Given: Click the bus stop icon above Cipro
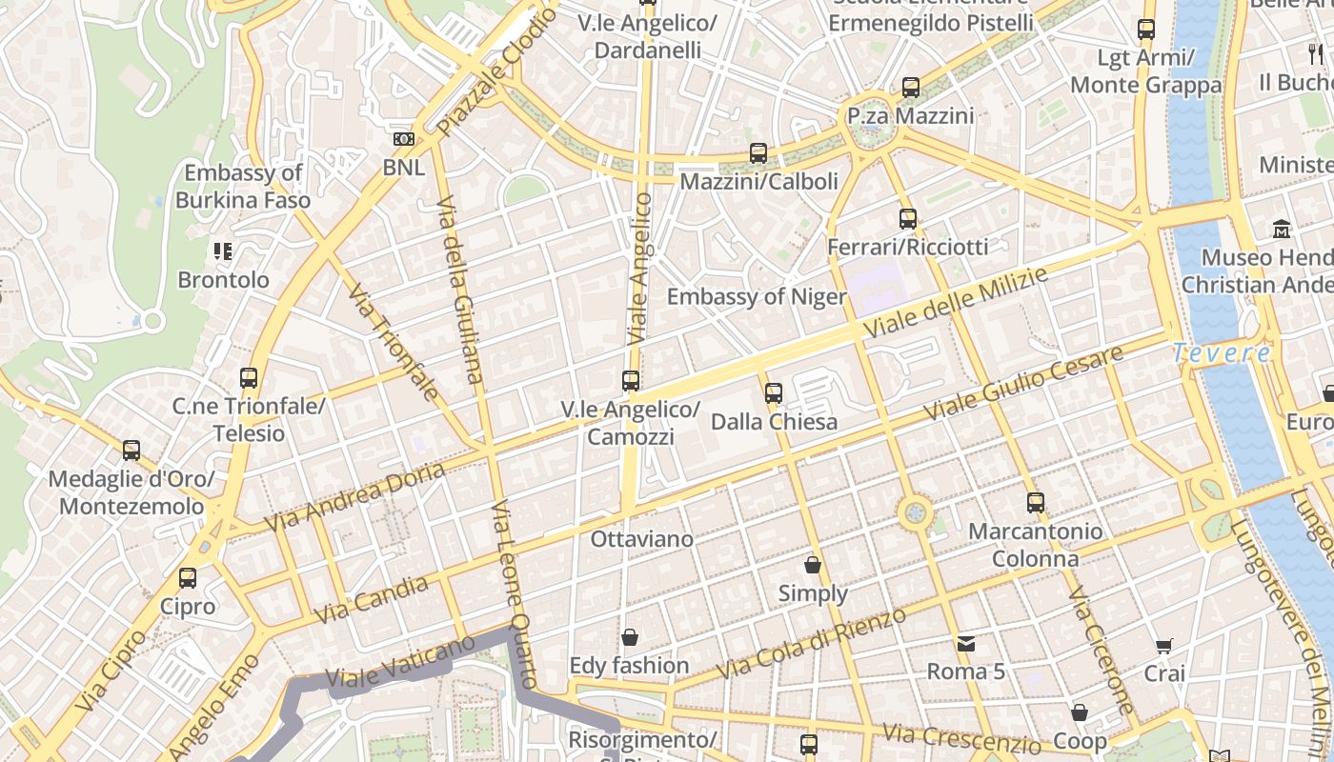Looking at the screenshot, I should click(x=188, y=577).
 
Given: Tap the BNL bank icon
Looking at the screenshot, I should click(x=404, y=139).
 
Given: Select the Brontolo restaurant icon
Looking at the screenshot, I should click(x=223, y=251).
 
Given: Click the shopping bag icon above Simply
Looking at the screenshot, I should click(x=813, y=565).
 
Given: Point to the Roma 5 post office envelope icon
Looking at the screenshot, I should click(x=966, y=644).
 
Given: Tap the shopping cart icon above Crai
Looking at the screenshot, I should click(x=1163, y=647).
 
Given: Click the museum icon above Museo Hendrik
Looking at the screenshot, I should click(x=1282, y=229).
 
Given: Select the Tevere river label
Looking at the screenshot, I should click(x=1222, y=353).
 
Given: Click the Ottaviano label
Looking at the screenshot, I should click(x=642, y=539).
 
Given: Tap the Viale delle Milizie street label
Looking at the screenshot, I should click(x=955, y=302).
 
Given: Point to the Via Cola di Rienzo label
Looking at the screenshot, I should click(x=811, y=645).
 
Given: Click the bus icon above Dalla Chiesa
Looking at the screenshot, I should click(x=774, y=392).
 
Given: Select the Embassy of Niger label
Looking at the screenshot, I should click(x=757, y=296).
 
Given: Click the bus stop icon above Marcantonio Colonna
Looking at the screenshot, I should click(x=1036, y=502).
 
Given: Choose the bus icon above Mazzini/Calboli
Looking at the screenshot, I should click(x=758, y=152).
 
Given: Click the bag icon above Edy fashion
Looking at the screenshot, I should click(x=629, y=636).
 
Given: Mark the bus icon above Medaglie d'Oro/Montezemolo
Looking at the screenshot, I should click(x=131, y=450).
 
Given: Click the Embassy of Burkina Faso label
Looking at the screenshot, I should click(x=243, y=187).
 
